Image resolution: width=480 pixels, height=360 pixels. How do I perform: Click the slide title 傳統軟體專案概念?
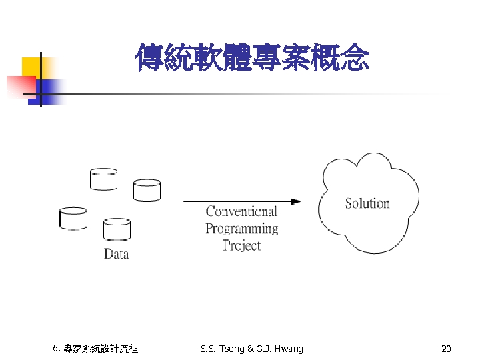[x=251, y=58]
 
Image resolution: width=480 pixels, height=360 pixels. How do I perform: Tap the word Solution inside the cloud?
[x=367, y=203]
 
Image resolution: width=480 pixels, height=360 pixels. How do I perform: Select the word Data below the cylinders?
[x=116, y=254]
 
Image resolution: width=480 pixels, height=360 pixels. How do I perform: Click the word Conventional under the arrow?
[x=241, y=212]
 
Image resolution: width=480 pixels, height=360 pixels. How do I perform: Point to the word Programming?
[x=241, y=229]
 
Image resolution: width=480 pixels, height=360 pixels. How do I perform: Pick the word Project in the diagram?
[x=241, y=245]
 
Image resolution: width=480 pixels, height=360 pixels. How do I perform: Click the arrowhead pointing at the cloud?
[x=295, y=201]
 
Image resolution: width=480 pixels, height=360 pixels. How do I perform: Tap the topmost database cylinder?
[x=103, y=179]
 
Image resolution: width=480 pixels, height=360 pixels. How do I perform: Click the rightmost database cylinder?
[x=147, y=190]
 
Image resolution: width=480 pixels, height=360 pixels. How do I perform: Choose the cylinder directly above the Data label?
[x=117, y=229]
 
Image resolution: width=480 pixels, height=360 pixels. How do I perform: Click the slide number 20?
[x=446, y=349]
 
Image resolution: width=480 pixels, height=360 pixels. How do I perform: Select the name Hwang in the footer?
[x=288, y=349]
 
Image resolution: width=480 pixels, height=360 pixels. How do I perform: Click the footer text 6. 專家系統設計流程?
[x=95, y=349]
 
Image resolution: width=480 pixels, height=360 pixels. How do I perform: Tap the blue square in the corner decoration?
[x=51, y=89]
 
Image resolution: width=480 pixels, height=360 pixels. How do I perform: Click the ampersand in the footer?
[x=250, y=349]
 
